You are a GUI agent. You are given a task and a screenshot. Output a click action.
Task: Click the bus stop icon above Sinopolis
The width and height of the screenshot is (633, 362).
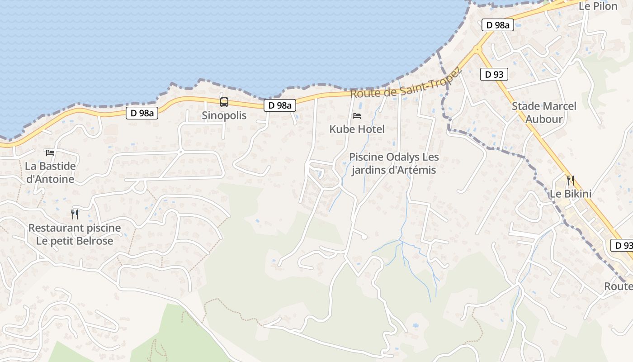[224, 102]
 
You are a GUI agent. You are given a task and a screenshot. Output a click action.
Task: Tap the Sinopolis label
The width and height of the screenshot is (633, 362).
[224, 115]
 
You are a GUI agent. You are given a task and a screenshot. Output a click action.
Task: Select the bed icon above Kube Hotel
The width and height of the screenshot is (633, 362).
[357, 116]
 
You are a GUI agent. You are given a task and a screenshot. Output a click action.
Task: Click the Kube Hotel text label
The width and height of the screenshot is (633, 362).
[357, 129]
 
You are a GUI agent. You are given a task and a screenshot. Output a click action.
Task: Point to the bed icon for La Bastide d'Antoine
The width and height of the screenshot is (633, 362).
[50, 153]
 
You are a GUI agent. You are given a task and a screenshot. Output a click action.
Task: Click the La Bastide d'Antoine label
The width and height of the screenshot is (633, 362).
[50, 172]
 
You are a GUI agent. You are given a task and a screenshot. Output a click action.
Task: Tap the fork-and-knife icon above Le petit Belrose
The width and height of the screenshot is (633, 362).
[75, 214]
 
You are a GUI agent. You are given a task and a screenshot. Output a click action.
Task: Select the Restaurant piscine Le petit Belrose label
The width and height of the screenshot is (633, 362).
[75, 234]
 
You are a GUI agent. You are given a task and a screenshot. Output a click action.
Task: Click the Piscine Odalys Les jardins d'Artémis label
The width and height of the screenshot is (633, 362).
[394, 163]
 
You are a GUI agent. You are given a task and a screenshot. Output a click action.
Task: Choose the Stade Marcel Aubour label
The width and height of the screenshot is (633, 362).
[544, 113]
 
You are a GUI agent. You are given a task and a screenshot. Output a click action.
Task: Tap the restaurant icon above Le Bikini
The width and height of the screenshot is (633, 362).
[570, 181]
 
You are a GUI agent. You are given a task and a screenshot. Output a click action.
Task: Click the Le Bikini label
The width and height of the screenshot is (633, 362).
[570, 194]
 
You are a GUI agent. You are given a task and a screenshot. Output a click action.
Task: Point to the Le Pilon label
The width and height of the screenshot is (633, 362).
[598, 6]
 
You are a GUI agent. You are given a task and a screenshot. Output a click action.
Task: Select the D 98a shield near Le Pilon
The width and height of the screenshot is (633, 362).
[498, 25]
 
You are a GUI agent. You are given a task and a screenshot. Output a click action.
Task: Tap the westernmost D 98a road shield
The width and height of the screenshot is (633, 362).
[142, 113]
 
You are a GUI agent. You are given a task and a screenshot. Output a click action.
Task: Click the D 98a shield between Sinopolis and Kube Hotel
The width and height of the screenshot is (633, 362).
[280, 105]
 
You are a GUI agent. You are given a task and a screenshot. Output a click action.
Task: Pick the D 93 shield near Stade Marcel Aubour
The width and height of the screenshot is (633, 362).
[494, 74]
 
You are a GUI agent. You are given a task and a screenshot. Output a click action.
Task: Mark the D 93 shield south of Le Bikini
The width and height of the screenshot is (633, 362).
[623, 245]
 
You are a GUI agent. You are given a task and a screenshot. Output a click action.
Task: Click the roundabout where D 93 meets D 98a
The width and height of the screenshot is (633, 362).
[477, 49]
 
